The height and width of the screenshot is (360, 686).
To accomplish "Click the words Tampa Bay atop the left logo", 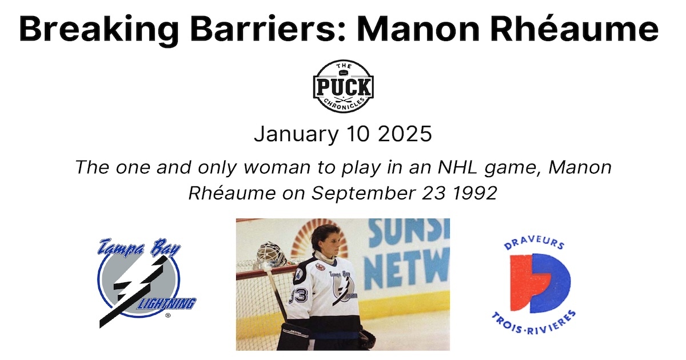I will (139, 249).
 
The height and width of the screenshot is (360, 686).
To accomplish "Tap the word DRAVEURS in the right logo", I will (534, 246).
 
